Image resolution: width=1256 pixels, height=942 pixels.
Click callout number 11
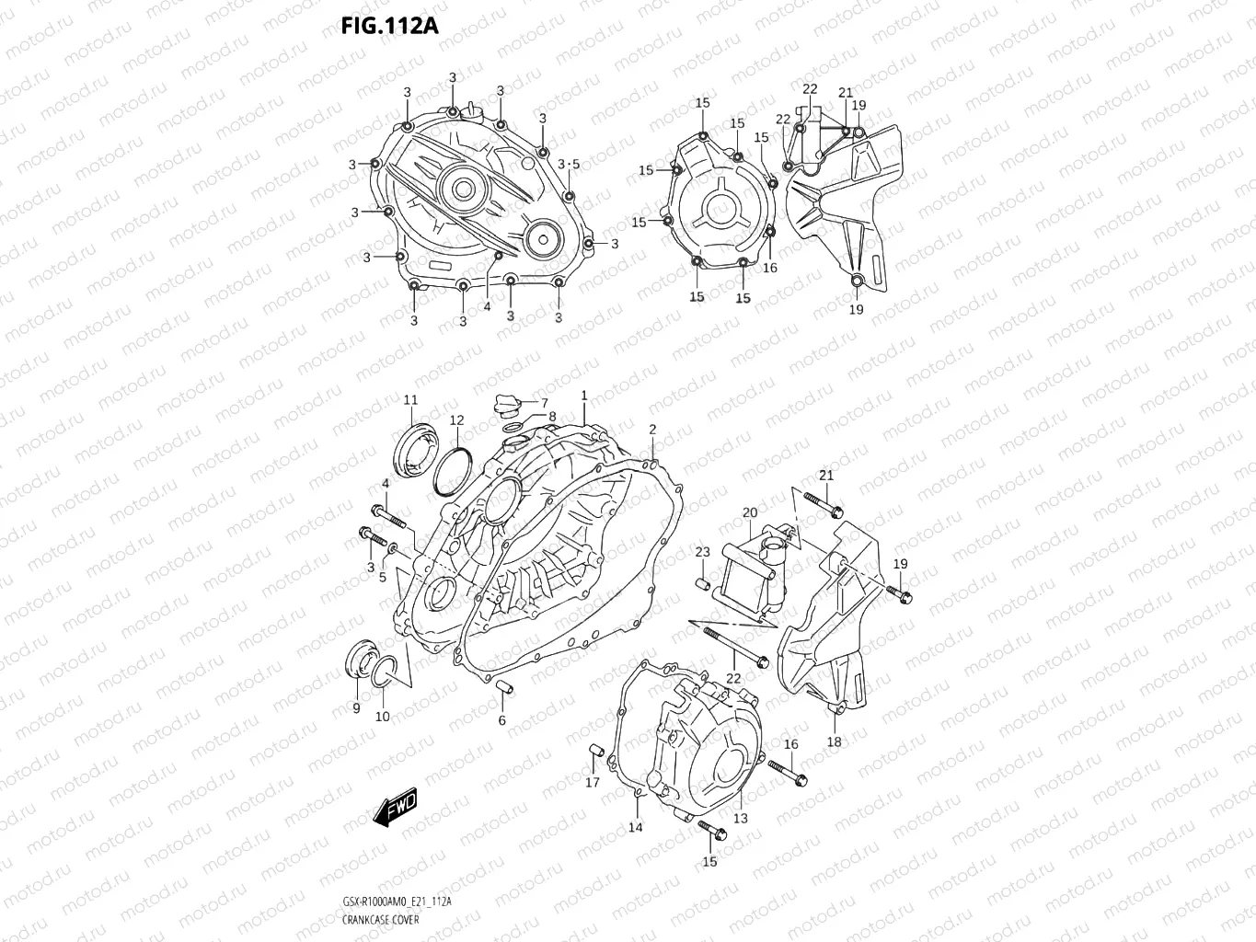[x=410, y=400]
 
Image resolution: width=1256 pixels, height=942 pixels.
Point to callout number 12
[x=456, y=420]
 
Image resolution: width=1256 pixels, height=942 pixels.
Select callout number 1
[x=583, y=396]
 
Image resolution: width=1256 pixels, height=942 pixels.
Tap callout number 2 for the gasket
[x=652, y=430]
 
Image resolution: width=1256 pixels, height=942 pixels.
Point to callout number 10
[x=382, y=717]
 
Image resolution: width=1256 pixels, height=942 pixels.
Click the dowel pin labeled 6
[x=503, y=690]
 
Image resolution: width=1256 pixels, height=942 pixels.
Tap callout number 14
[x=636, y=827]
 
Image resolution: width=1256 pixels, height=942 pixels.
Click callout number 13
[x=740, y=818]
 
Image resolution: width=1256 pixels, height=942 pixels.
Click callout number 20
[x=750, y=512]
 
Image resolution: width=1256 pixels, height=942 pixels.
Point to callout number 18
[x=834, y=741]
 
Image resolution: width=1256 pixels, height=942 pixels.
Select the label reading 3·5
[x=569, y=164]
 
